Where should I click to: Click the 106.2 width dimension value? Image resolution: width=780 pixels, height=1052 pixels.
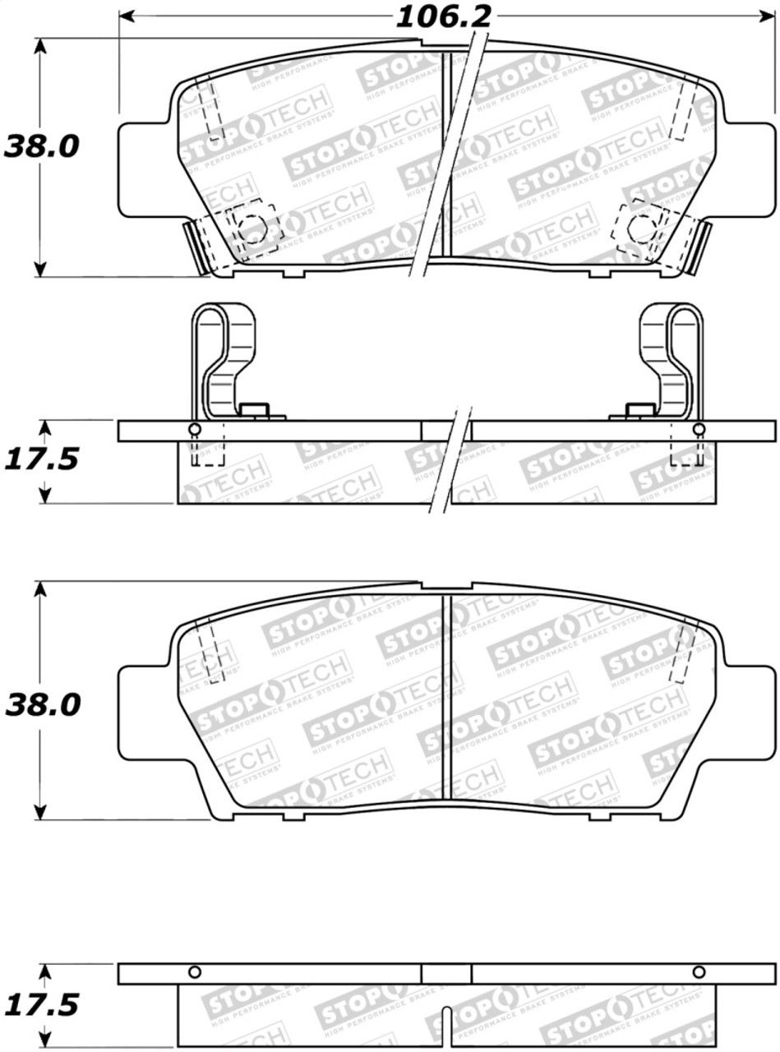tap(444, 16)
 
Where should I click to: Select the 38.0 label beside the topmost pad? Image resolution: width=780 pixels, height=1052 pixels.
tap(42, 147)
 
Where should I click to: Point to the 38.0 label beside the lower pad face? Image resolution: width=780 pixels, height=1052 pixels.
tap(42, 704)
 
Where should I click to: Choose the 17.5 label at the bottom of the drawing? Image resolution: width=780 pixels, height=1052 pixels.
tap(42, 1004)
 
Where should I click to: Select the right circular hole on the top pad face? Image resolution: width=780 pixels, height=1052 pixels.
tap(640, 226)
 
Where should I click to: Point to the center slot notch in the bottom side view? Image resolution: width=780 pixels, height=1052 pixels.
tap(445, 1019)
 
